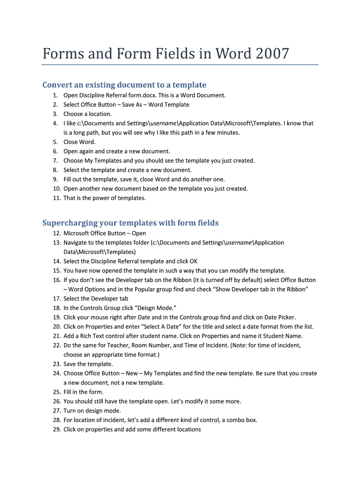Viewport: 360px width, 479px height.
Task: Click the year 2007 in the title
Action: (273, 54)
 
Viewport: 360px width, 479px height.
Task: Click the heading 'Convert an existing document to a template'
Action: (124, 85)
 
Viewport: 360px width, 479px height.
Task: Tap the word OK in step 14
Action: (193, 261)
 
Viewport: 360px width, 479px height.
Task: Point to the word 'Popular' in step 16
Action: (145, 290)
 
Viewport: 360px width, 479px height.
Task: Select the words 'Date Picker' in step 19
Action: (279, 318)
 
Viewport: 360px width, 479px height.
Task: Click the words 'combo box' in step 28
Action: (242, 421)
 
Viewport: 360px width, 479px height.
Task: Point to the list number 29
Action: (56, 430)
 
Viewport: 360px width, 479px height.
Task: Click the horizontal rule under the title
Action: (180, 65)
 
